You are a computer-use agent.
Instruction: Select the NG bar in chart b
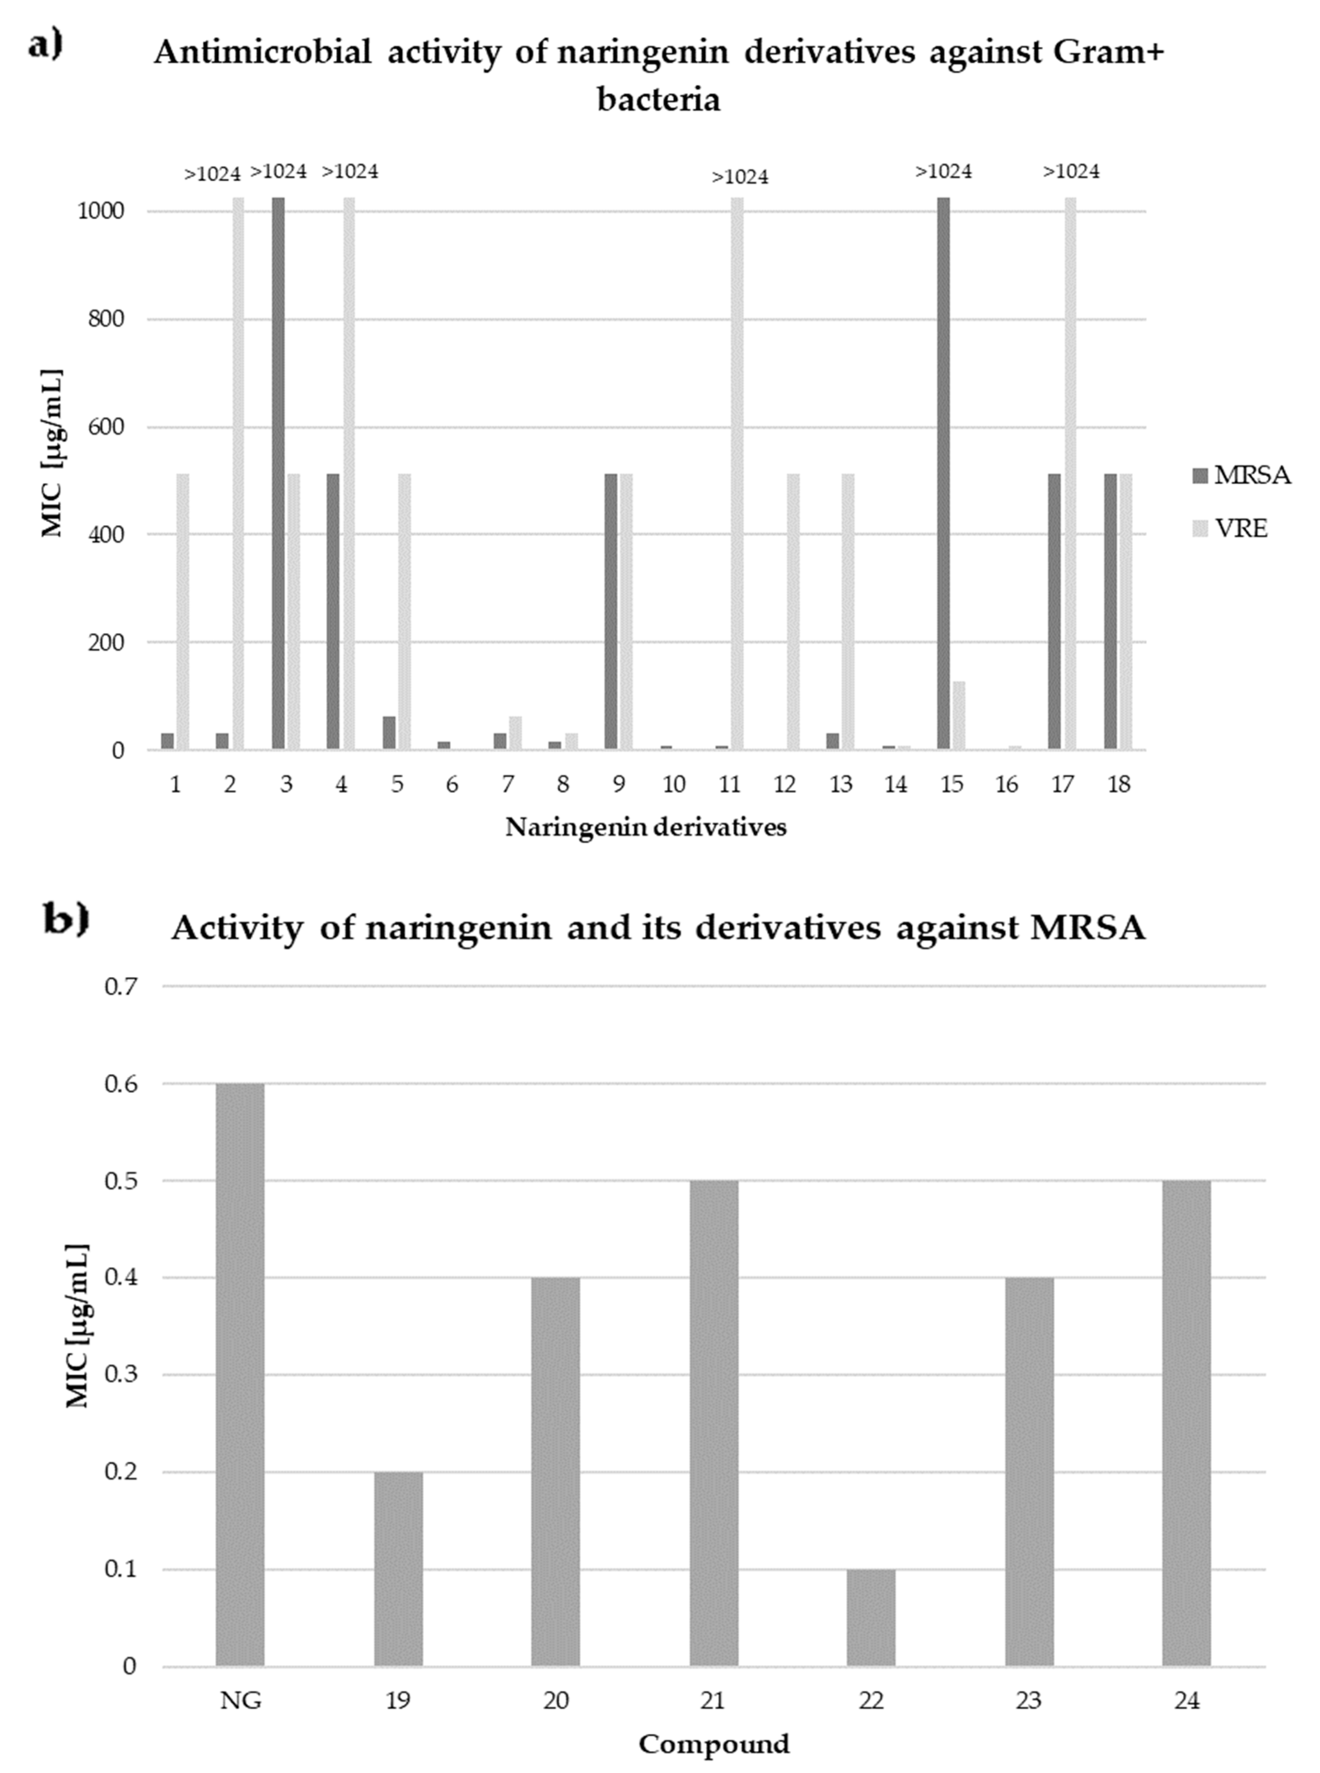240,1374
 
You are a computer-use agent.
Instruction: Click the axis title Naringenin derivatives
646,828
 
